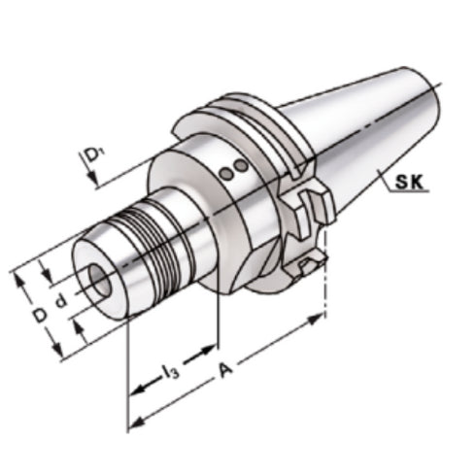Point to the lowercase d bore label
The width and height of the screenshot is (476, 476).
click(x=60, y=302)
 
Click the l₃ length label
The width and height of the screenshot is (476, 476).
click(x=171, y=370)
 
